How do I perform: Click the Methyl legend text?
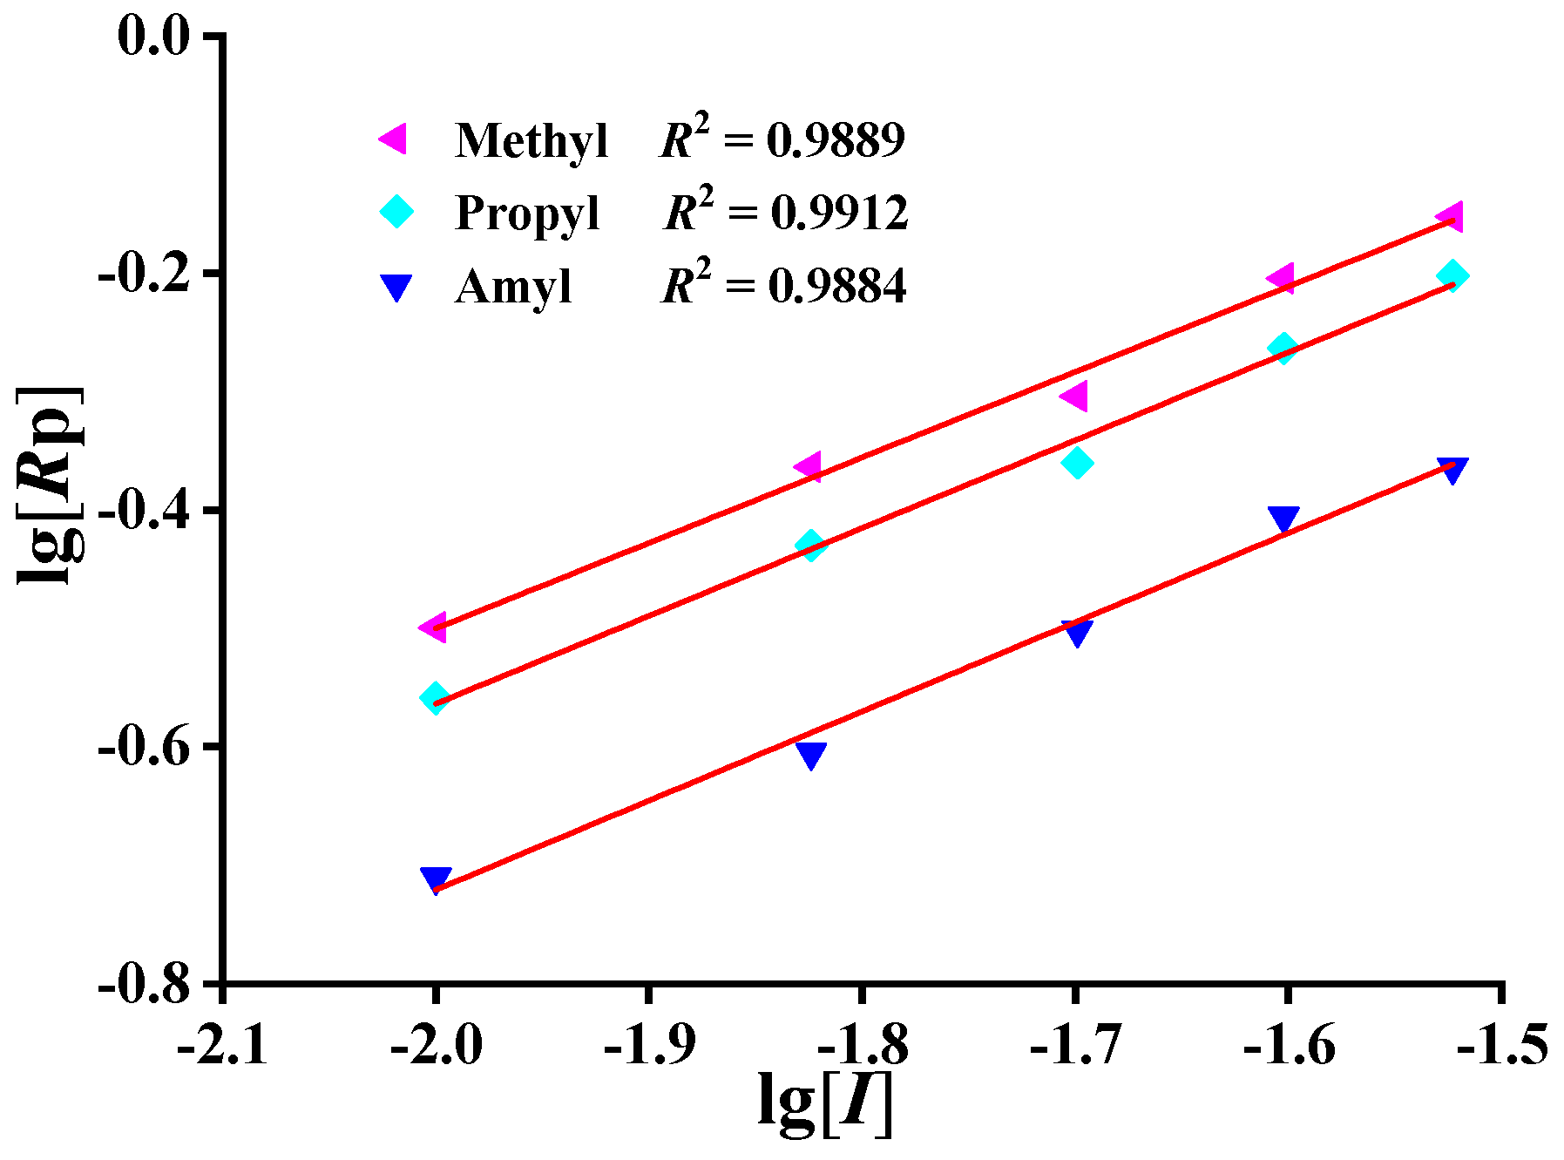tap(531, 140)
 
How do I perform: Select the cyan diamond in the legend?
tap(396, 211)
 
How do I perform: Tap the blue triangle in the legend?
tap(396, 287)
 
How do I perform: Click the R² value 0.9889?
tap(836, 140)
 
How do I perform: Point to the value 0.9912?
tap(839, 213)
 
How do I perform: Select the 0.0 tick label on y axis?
tap(153, 38)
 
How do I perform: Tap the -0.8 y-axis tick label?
tap(144, 984)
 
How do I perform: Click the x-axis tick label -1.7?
tap(1075, 1044)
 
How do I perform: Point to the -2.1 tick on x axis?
tap(222, 1044)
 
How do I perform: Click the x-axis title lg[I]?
tap(825, 1104)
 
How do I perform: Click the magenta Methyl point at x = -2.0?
tap(434, 627)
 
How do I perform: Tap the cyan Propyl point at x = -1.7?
tap(1077, 462)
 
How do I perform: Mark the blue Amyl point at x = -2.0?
tap(435, 878)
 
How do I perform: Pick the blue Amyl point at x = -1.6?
tap(1283, 519)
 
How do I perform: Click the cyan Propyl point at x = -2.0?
tap(435, 697)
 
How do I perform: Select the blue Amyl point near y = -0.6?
tap(810, 754)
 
